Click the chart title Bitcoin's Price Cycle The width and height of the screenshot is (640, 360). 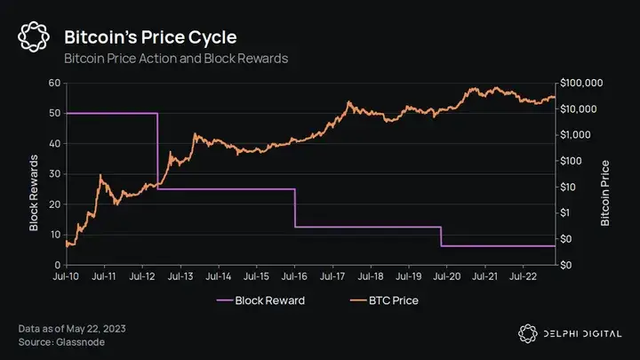pos(149,37)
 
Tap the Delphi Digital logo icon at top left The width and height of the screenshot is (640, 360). pos(34,37)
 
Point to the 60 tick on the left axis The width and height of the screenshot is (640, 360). pos(54,84)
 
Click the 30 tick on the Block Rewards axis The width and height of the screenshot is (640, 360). pos(54,174)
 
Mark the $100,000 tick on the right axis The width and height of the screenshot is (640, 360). pos(583,84)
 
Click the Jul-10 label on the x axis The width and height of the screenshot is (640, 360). pos(67,277)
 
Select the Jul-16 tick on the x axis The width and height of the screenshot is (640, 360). pos(294,277)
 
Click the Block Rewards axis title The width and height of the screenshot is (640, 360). pos(34,193)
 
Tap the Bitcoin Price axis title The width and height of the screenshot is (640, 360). pos(606,193)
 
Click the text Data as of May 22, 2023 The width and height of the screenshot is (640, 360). pos(71,329)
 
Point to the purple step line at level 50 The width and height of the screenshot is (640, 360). pos(111,114)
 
